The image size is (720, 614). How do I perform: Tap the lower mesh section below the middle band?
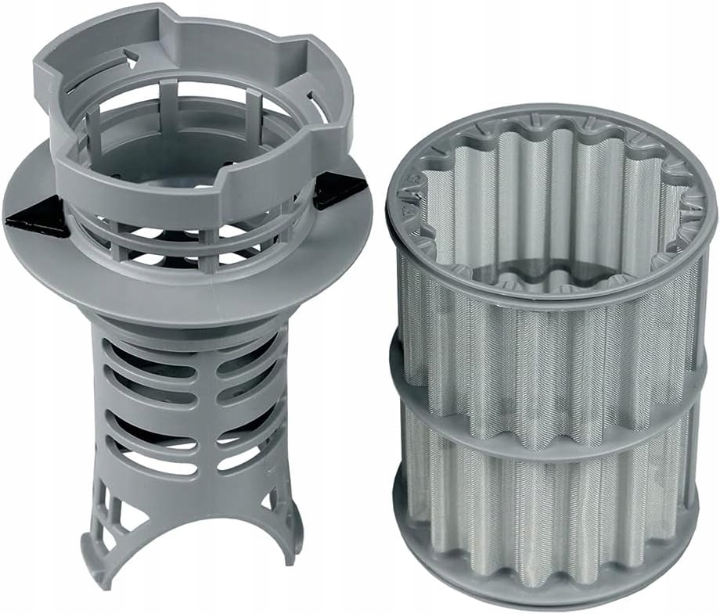click(x=548, y=501)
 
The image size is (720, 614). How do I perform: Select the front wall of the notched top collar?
click(x=188, y=184)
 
